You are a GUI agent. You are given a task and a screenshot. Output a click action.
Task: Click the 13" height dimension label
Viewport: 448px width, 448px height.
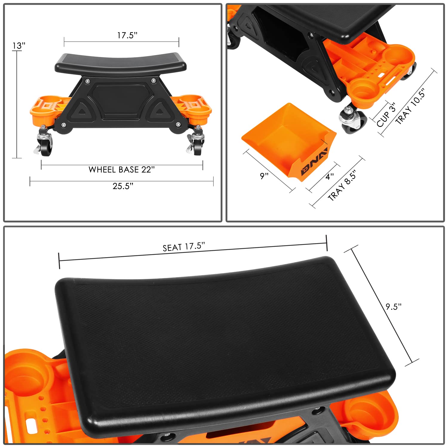(19, 46)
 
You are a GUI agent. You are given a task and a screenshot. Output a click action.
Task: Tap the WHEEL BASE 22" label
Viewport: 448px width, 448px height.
(122, 170)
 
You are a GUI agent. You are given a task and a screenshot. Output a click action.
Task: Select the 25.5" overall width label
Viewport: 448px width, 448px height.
(123, 186)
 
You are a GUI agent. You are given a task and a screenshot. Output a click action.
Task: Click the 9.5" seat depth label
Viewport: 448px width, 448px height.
(393, 307)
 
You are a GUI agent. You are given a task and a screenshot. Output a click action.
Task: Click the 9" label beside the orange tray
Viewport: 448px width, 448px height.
(264, 176)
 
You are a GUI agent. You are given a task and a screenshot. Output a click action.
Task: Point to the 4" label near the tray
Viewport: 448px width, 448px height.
(329, 177)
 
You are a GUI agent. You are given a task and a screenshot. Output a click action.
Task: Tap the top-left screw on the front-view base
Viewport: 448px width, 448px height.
(87, 81)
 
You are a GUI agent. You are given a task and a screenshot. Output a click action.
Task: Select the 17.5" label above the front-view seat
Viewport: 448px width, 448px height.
(127, 35)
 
